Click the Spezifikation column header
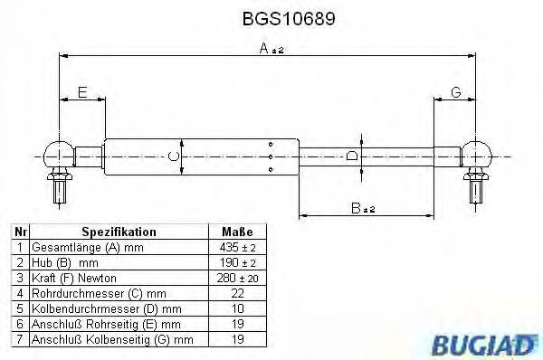click(x=119, y=232)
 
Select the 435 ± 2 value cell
click(x=238, y=247)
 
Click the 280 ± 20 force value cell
click(x=238, y=278)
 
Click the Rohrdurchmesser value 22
click(x=238, y=293)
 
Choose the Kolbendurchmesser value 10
click(x=238, y=308)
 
